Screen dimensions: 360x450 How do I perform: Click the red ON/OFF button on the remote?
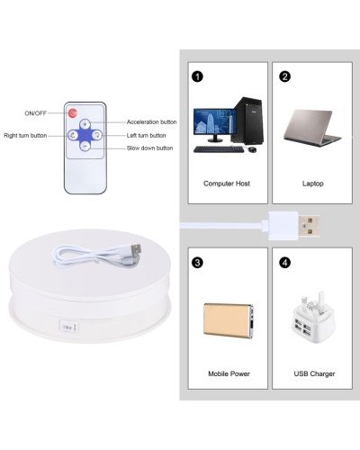point(73,113)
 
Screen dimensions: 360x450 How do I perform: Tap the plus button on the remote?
point(85,124)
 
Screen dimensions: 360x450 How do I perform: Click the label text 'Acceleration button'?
point(151,122)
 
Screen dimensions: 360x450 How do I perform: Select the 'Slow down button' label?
point(149,148)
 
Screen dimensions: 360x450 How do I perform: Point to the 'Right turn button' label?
point(25,136)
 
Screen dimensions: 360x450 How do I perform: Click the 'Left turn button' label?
point(146,136)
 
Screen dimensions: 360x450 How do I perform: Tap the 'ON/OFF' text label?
point(35,113)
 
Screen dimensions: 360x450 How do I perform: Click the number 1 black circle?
point(197,76)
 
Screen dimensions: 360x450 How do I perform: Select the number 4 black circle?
point(284,263)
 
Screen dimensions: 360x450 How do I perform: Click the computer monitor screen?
point(215,121)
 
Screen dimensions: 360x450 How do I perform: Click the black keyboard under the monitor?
point(219,149)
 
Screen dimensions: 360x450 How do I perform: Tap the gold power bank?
point(229,320)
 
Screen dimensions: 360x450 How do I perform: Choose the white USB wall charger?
point(312,318)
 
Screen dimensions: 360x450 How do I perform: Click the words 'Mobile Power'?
point(229,373)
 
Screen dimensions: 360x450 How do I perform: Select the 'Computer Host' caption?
point(227,184)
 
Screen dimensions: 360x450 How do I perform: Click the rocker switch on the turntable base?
point(68,327)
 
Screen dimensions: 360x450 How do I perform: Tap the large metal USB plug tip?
point(309,226)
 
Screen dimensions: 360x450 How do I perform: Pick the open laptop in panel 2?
point(312,128)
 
